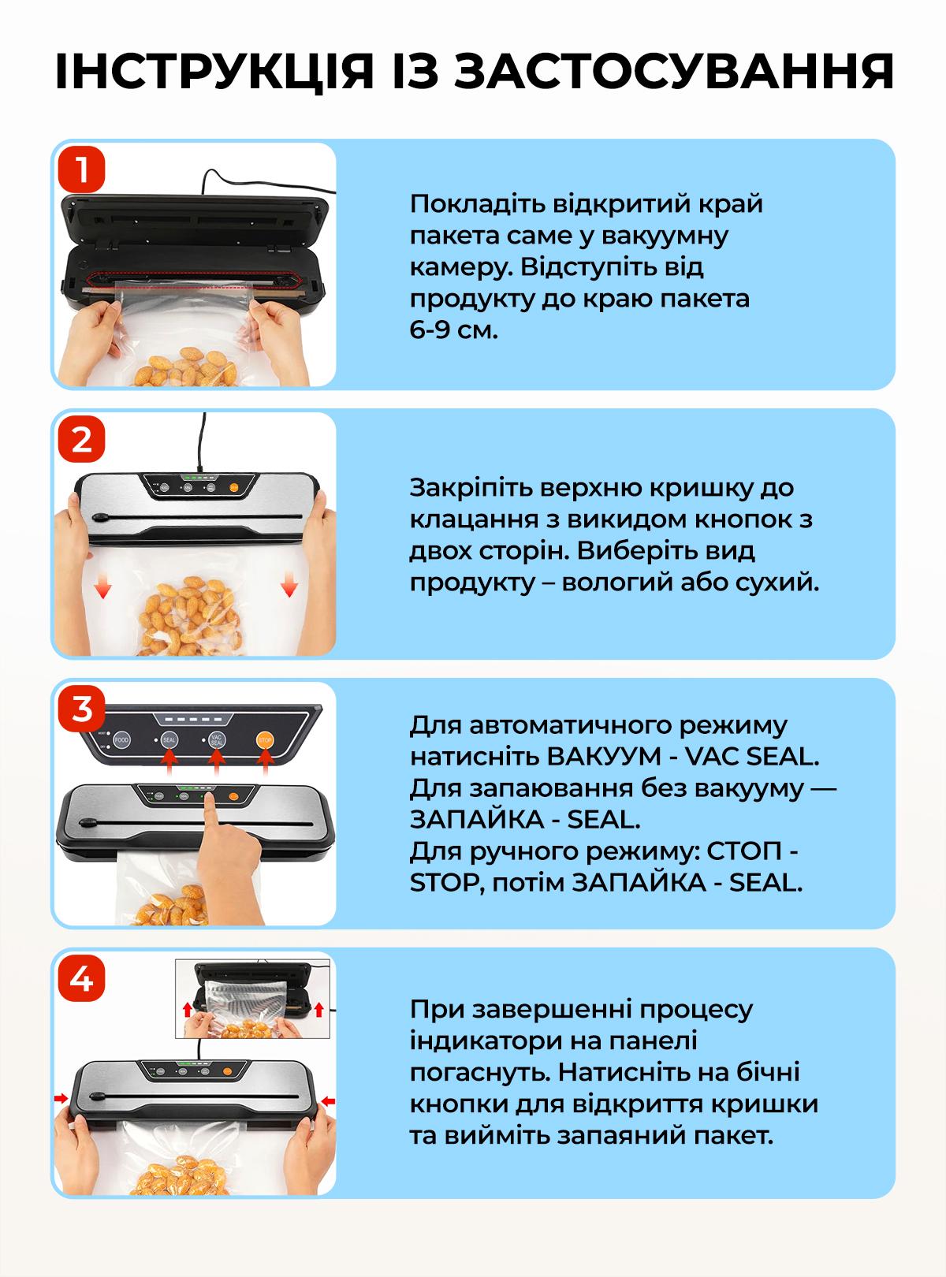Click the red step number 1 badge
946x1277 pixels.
click(81, 169)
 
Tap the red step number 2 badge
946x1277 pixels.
click(81, 439)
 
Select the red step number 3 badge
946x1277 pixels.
click(81, 709)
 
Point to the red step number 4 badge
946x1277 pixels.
click(81, 980)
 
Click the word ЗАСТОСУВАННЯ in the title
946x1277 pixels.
click(676, 73)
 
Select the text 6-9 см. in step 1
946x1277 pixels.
click(454, 330)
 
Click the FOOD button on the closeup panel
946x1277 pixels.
click(121, 741)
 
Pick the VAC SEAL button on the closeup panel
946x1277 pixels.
click(218, 741)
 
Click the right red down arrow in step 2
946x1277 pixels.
click(289, 587)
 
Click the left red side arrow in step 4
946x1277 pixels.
click(61, 1098)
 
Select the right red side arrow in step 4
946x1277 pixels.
click(330, 1100)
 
